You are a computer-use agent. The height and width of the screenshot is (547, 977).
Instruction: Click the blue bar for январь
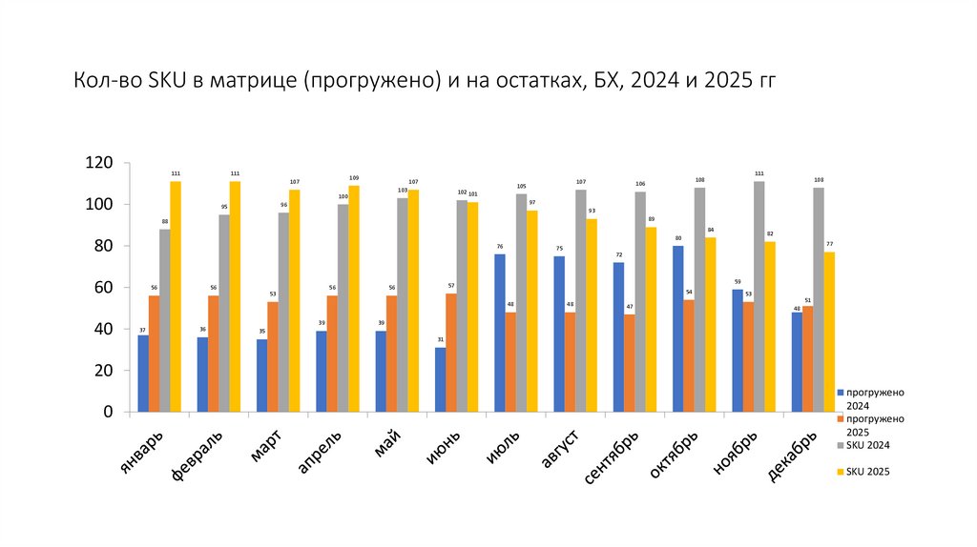[143, 374]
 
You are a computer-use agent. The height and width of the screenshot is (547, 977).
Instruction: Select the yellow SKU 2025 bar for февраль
[235, 296]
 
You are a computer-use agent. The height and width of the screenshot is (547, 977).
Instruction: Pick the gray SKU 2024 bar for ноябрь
[759, 296]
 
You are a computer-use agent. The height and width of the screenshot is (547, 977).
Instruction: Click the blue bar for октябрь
[677, 329]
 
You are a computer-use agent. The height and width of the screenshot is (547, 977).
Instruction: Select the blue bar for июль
[499, 333]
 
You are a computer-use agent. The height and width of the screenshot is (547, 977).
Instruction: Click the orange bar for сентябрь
[629, 363]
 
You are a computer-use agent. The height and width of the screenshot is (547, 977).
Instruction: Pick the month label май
[385, 443]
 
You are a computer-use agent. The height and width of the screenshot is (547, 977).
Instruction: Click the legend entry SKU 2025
[868, 471]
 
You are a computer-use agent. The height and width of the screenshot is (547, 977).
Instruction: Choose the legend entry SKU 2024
[868, 445]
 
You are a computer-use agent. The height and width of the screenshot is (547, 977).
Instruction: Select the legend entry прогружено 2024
[874, 397]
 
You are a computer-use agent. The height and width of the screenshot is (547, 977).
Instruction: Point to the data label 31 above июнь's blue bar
[440, 340]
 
